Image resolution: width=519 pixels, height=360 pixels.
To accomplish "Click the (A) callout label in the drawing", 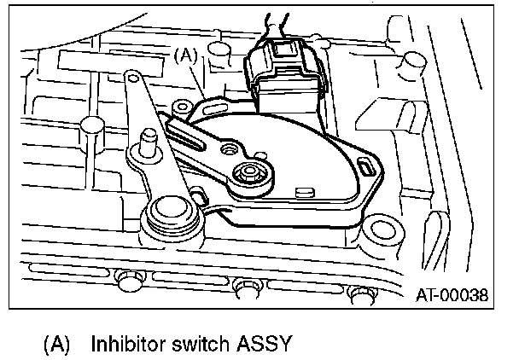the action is point(186,56).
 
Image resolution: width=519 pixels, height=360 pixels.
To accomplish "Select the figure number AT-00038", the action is point(452,296).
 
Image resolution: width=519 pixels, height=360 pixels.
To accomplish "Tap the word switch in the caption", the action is point(205,344).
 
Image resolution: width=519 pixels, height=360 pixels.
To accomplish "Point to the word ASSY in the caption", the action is point(266,344).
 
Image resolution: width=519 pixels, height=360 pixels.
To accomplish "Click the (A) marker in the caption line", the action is point(56,344).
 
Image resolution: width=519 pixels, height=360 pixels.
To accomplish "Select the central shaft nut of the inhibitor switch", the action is point(251,174).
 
